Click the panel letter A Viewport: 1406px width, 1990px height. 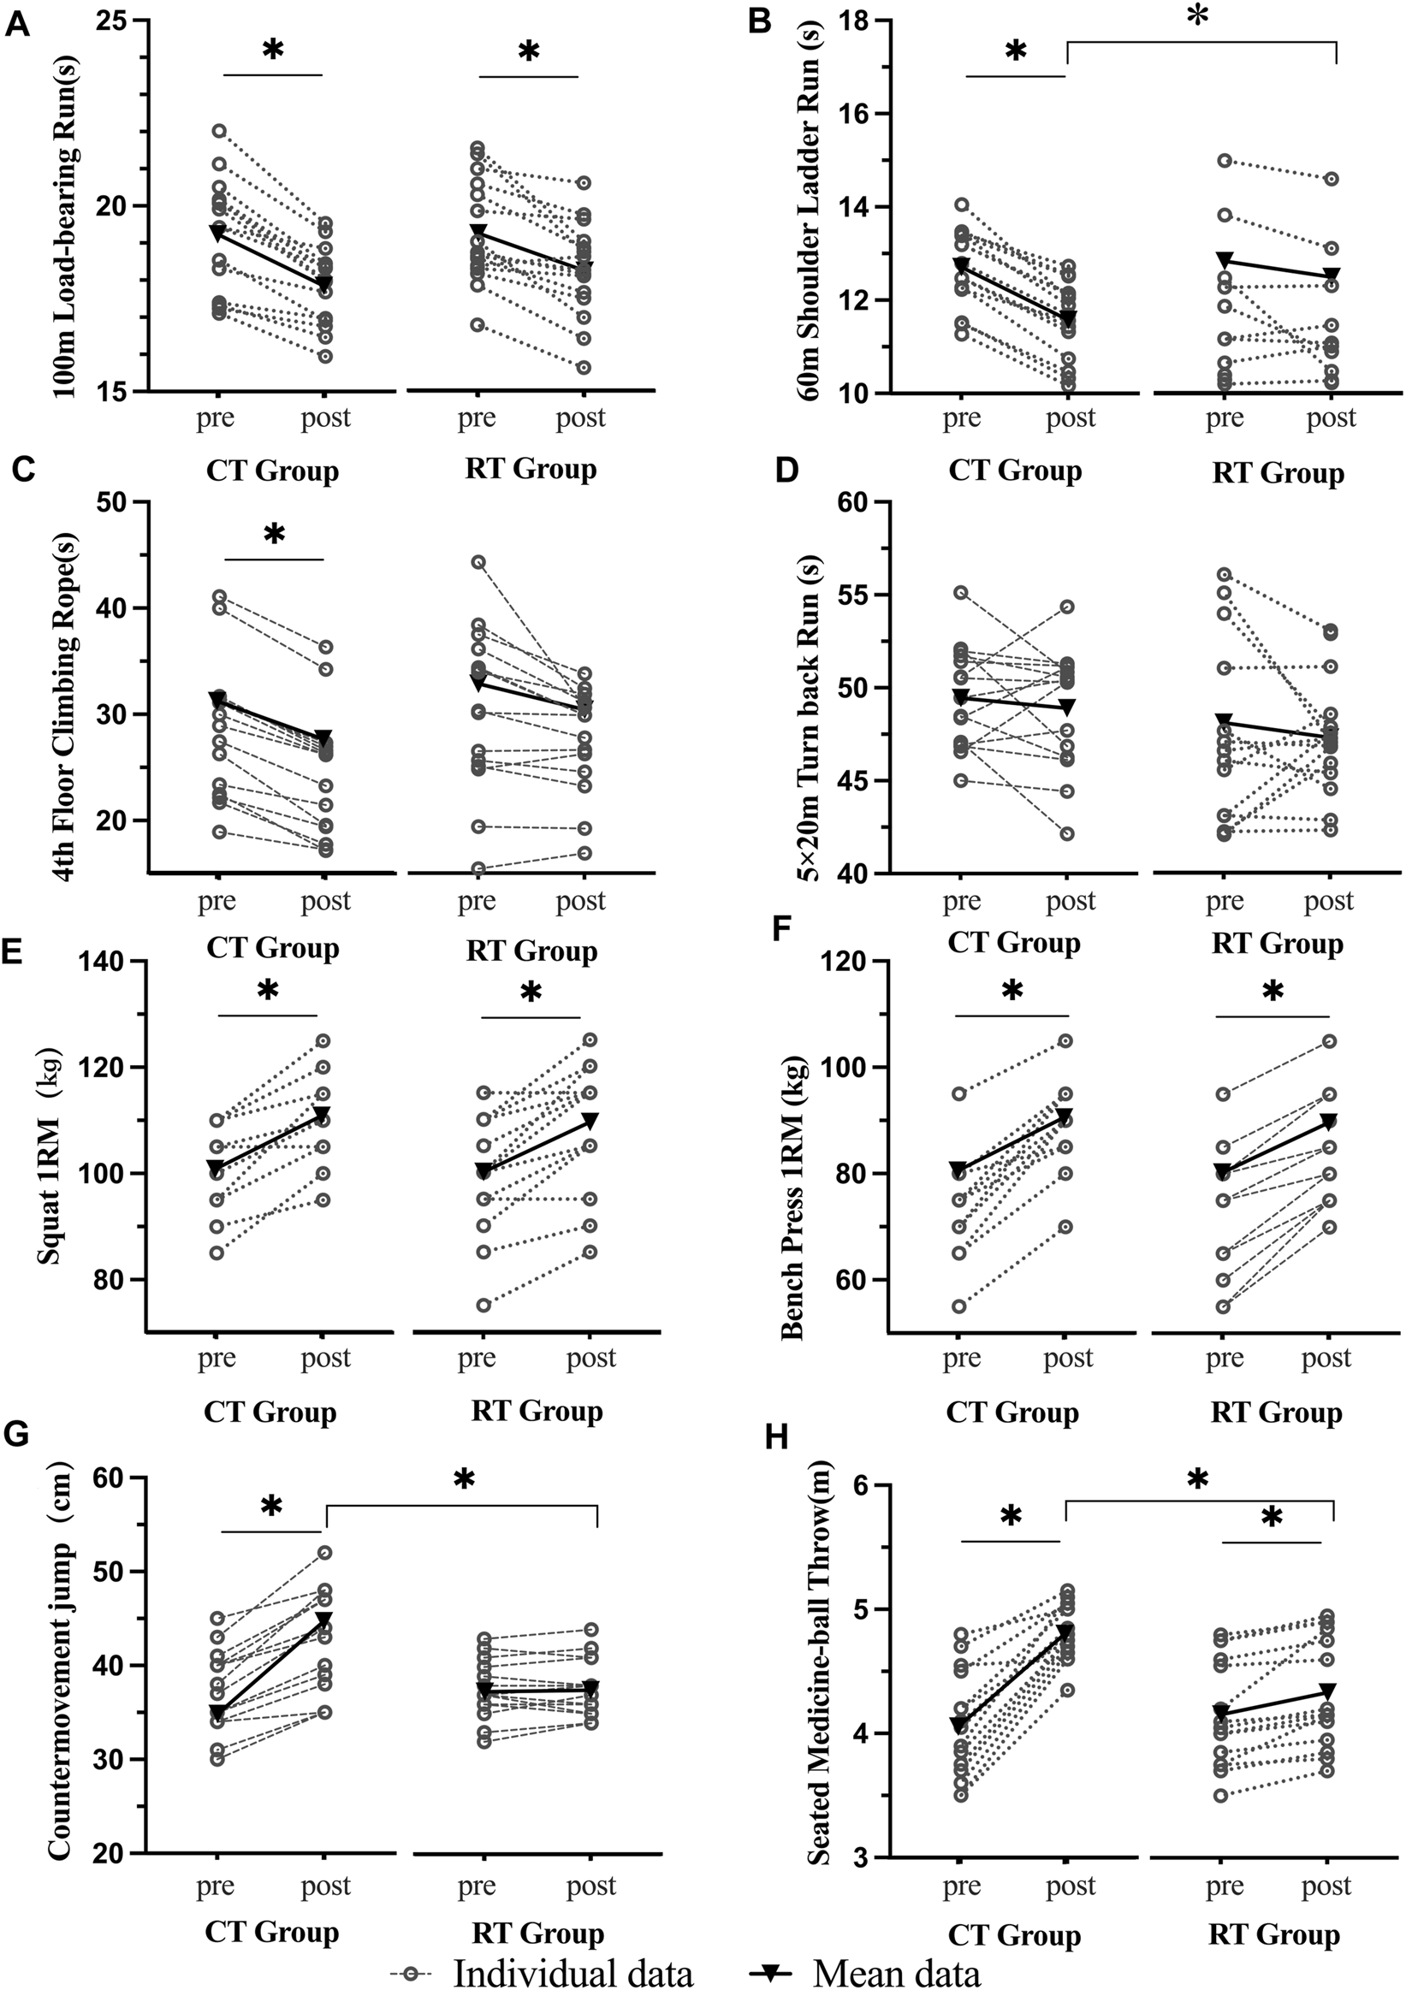pos(17,24)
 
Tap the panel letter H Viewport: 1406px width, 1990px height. pos(774,1437)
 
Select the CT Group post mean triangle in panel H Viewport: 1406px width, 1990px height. pos(1066,1632)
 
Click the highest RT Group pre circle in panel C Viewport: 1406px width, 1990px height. pos(478,561)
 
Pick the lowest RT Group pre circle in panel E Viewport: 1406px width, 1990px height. pos(483,1306)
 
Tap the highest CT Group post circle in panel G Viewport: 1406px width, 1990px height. pos(324,1552)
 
